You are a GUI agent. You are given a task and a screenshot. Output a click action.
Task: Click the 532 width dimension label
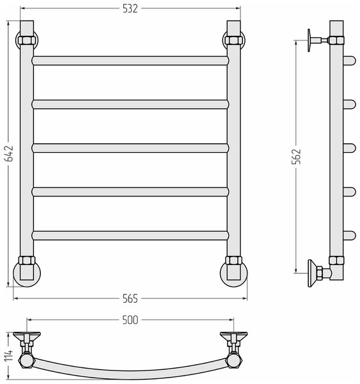click(x=130, y=9)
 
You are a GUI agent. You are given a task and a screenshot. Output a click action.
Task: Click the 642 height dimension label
click(x=10, y=154)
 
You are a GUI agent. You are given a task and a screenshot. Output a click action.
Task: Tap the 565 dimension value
click(x=130, y=299)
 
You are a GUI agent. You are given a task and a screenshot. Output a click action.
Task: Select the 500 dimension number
click(x=130, y=320)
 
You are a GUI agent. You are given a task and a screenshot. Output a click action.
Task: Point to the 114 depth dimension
click(x=8, y=355)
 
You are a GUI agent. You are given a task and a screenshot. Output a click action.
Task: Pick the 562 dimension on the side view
click(x=296, y=156)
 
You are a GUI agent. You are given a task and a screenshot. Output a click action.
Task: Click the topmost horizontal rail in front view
click(x=130, y=61)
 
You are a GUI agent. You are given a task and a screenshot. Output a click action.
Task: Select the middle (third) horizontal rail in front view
click(x=130, y=148)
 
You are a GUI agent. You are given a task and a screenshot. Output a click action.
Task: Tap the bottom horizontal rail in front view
click(x=130, y=236)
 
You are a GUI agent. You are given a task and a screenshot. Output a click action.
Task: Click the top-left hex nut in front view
click(x=27, y=40)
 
